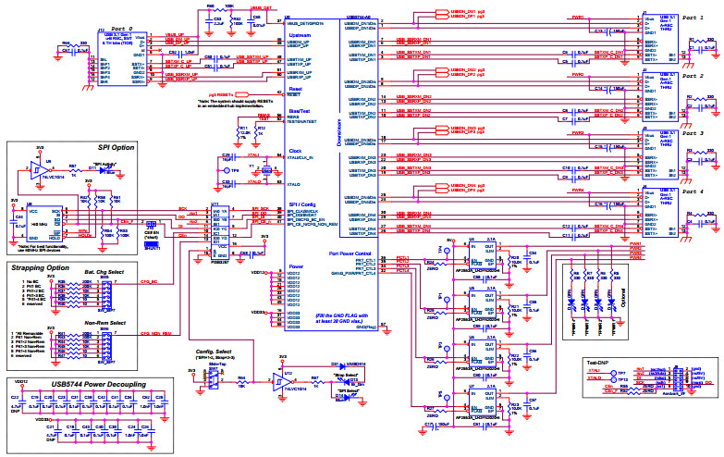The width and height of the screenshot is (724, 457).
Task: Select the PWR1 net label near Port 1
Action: tap(578, 17)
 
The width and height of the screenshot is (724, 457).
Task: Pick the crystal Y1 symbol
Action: tap(266, 170)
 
